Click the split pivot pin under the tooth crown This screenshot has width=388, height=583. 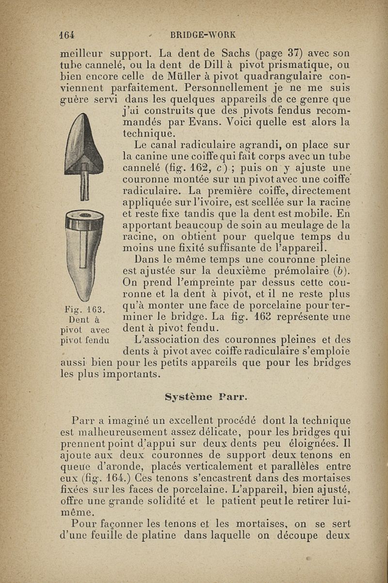coord(85,185)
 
